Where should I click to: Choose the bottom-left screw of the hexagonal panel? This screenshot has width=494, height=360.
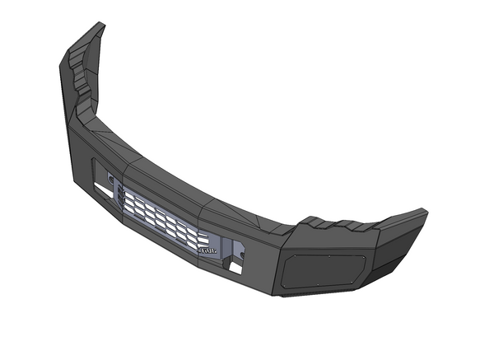[x=284, y=285]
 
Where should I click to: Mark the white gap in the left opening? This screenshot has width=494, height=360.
[x=101, y=189]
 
